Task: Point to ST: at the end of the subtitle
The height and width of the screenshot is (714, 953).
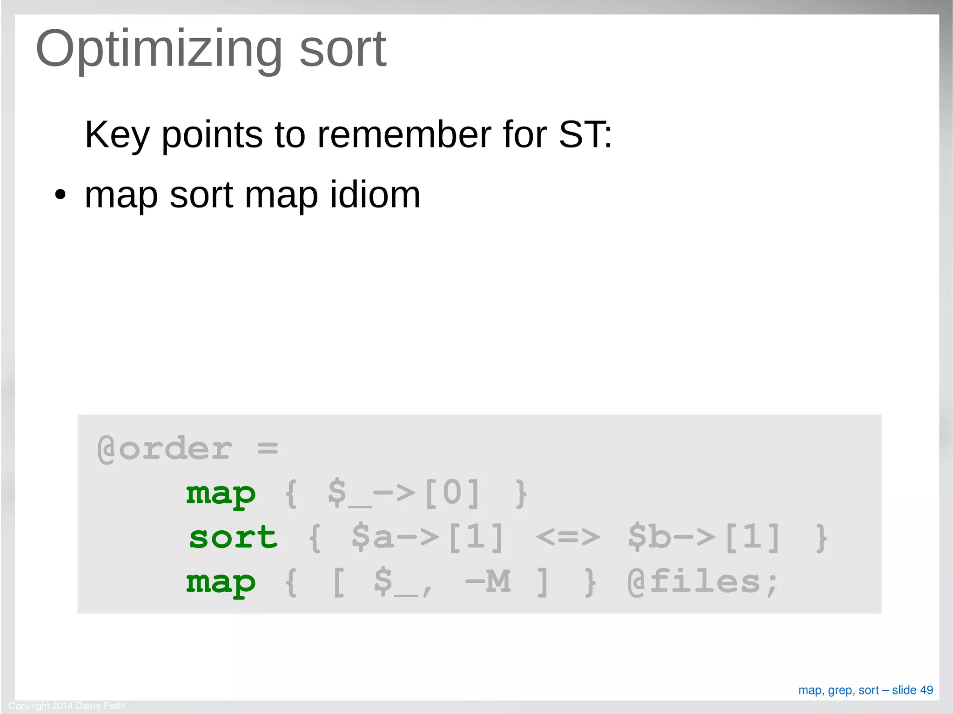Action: [x=585, y=135]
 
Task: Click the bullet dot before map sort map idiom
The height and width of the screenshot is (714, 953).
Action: [x=60, y=195]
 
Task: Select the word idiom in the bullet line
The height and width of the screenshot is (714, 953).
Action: [x=375, y=195]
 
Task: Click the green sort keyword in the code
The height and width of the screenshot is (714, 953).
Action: [x=233, y=538]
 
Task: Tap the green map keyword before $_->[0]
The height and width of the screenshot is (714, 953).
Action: [x=221, y=494]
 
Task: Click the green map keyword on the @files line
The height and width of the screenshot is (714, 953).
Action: [x=221, y=582]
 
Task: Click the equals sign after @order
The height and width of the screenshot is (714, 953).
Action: [x=268, y=449]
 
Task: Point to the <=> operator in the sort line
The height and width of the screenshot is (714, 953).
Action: [x=568, y=538]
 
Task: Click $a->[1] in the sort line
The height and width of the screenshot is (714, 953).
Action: [x=428, y=538]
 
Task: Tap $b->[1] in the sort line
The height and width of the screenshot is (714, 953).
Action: [x=704, y=538]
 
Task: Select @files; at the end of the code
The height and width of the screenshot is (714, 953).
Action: [x=702, y=582]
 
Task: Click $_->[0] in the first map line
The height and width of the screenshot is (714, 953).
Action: [x=404, y=494]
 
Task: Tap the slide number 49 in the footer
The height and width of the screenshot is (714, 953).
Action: [x=926, y=690]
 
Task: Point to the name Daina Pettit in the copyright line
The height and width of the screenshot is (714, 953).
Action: [x=101, y=706]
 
